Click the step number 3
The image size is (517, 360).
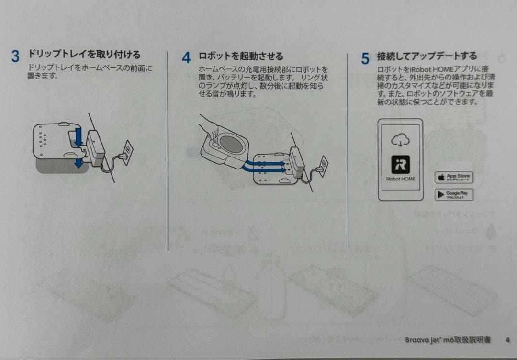pyautogui.click(x=16, y=56)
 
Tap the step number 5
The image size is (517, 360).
pyautogui.click(x=365, y=59)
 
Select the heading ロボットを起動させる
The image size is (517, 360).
pyautogui.click(x=241, y=56)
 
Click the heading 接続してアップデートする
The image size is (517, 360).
pyautogui.click(x=427, y=56)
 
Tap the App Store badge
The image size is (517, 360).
pyautogui.click(x=453, y=178)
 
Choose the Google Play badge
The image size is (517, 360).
pyautogui.click(x=453, y=194)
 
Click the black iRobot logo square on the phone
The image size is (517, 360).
pyautogui.click(x=400, y=164)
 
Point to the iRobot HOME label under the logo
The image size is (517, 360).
pyautogui.click(x=400, y=179)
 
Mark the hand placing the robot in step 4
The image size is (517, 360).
pyautogui.click(x=209, y=125)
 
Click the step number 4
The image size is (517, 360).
pyautogui.click(x=186, y=58)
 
